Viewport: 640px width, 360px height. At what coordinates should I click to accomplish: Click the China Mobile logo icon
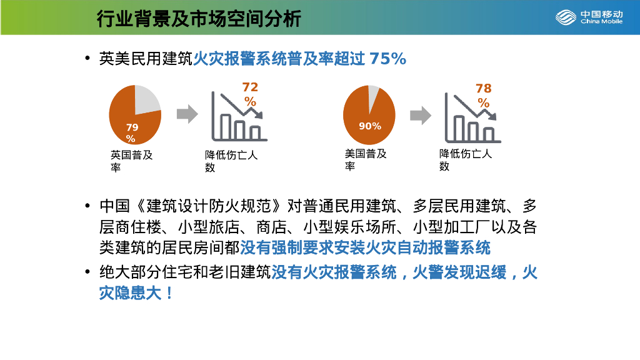[x=566, y=17]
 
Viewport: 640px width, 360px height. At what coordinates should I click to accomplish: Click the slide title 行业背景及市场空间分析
[x=199, y=19]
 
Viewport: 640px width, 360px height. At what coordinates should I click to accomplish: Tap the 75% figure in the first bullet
[x=387, y=59]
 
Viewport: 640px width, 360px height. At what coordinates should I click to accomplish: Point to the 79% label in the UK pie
[x=131, y=133]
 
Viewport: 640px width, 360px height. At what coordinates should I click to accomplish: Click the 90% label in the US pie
[x=370, y=126]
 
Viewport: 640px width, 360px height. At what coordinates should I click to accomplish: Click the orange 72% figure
[x=250, y=94]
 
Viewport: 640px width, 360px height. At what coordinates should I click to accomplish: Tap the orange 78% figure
[x=484, y=96]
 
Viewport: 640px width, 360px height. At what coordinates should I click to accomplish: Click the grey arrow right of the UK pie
[x=187, y=114]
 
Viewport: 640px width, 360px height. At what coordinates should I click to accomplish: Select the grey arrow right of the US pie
[x=421, y=116]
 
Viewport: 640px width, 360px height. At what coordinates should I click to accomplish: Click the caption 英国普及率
[x=131, y=161]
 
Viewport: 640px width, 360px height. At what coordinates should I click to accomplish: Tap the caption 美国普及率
[x=365, y=160]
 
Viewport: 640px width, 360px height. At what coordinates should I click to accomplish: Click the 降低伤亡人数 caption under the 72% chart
[x=231, y=161]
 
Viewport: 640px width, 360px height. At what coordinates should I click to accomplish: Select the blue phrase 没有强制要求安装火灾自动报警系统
[x=365, y=247]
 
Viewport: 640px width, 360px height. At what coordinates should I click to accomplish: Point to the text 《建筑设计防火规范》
[x=209, y=206]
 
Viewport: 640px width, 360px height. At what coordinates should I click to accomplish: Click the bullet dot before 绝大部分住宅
[x=87, y=272]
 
